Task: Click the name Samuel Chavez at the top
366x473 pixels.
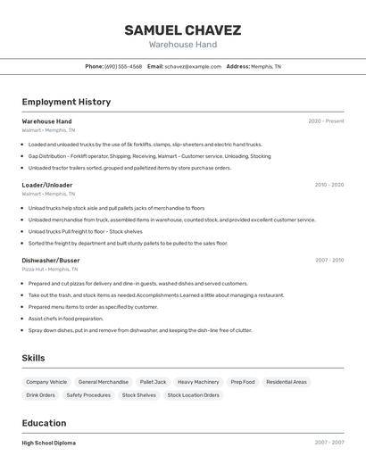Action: point(182,29)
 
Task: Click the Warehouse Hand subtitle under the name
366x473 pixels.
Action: point(182,45)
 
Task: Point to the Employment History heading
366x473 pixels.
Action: point(66,102)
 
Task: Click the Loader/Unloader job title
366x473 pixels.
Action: point(47,185)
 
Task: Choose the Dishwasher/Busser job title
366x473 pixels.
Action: point(52,261)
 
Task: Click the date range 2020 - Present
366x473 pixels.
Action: point(326,121)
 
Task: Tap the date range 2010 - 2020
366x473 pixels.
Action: point(329,185)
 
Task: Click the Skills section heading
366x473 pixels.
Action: point(34,358)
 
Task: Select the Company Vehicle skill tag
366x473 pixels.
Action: point(46,382)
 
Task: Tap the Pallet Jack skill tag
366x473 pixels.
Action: point(153,382)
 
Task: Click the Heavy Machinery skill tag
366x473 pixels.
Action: point(198,382)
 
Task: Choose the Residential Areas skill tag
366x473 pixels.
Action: point(287,382)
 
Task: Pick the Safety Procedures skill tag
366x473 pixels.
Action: point(88,394)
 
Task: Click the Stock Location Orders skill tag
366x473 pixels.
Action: point(193,394)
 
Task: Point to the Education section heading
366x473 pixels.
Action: point(44,423)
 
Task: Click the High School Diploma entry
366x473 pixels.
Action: point(49,443)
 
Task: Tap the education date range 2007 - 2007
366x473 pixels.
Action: point(329,443)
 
